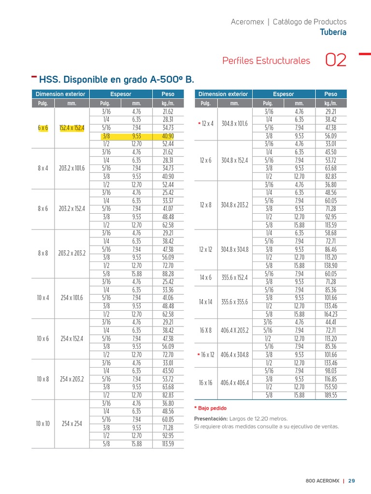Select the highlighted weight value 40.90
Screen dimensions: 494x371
tap(168, 136)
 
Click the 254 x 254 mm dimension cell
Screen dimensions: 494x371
tap(71, 424)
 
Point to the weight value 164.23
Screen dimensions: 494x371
tap(331, 314)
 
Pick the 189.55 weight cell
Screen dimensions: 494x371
tap(331, 395)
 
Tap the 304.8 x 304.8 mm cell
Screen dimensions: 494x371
tap(235, 249)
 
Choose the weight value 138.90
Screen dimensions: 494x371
tap(331, 265)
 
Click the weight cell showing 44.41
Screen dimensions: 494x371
tap(331, 322)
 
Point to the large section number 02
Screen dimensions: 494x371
tap(336, 61)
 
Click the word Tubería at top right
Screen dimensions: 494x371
tap(333, 32)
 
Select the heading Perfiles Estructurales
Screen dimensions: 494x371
tap(266, 61)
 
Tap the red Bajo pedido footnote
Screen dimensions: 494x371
tap(212, 408)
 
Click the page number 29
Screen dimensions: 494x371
tap(352, 480)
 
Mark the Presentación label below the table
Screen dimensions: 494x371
tap(211, 418)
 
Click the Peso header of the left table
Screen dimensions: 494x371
tap(168, 94)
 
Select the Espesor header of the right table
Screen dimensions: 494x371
tap(283, 94)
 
